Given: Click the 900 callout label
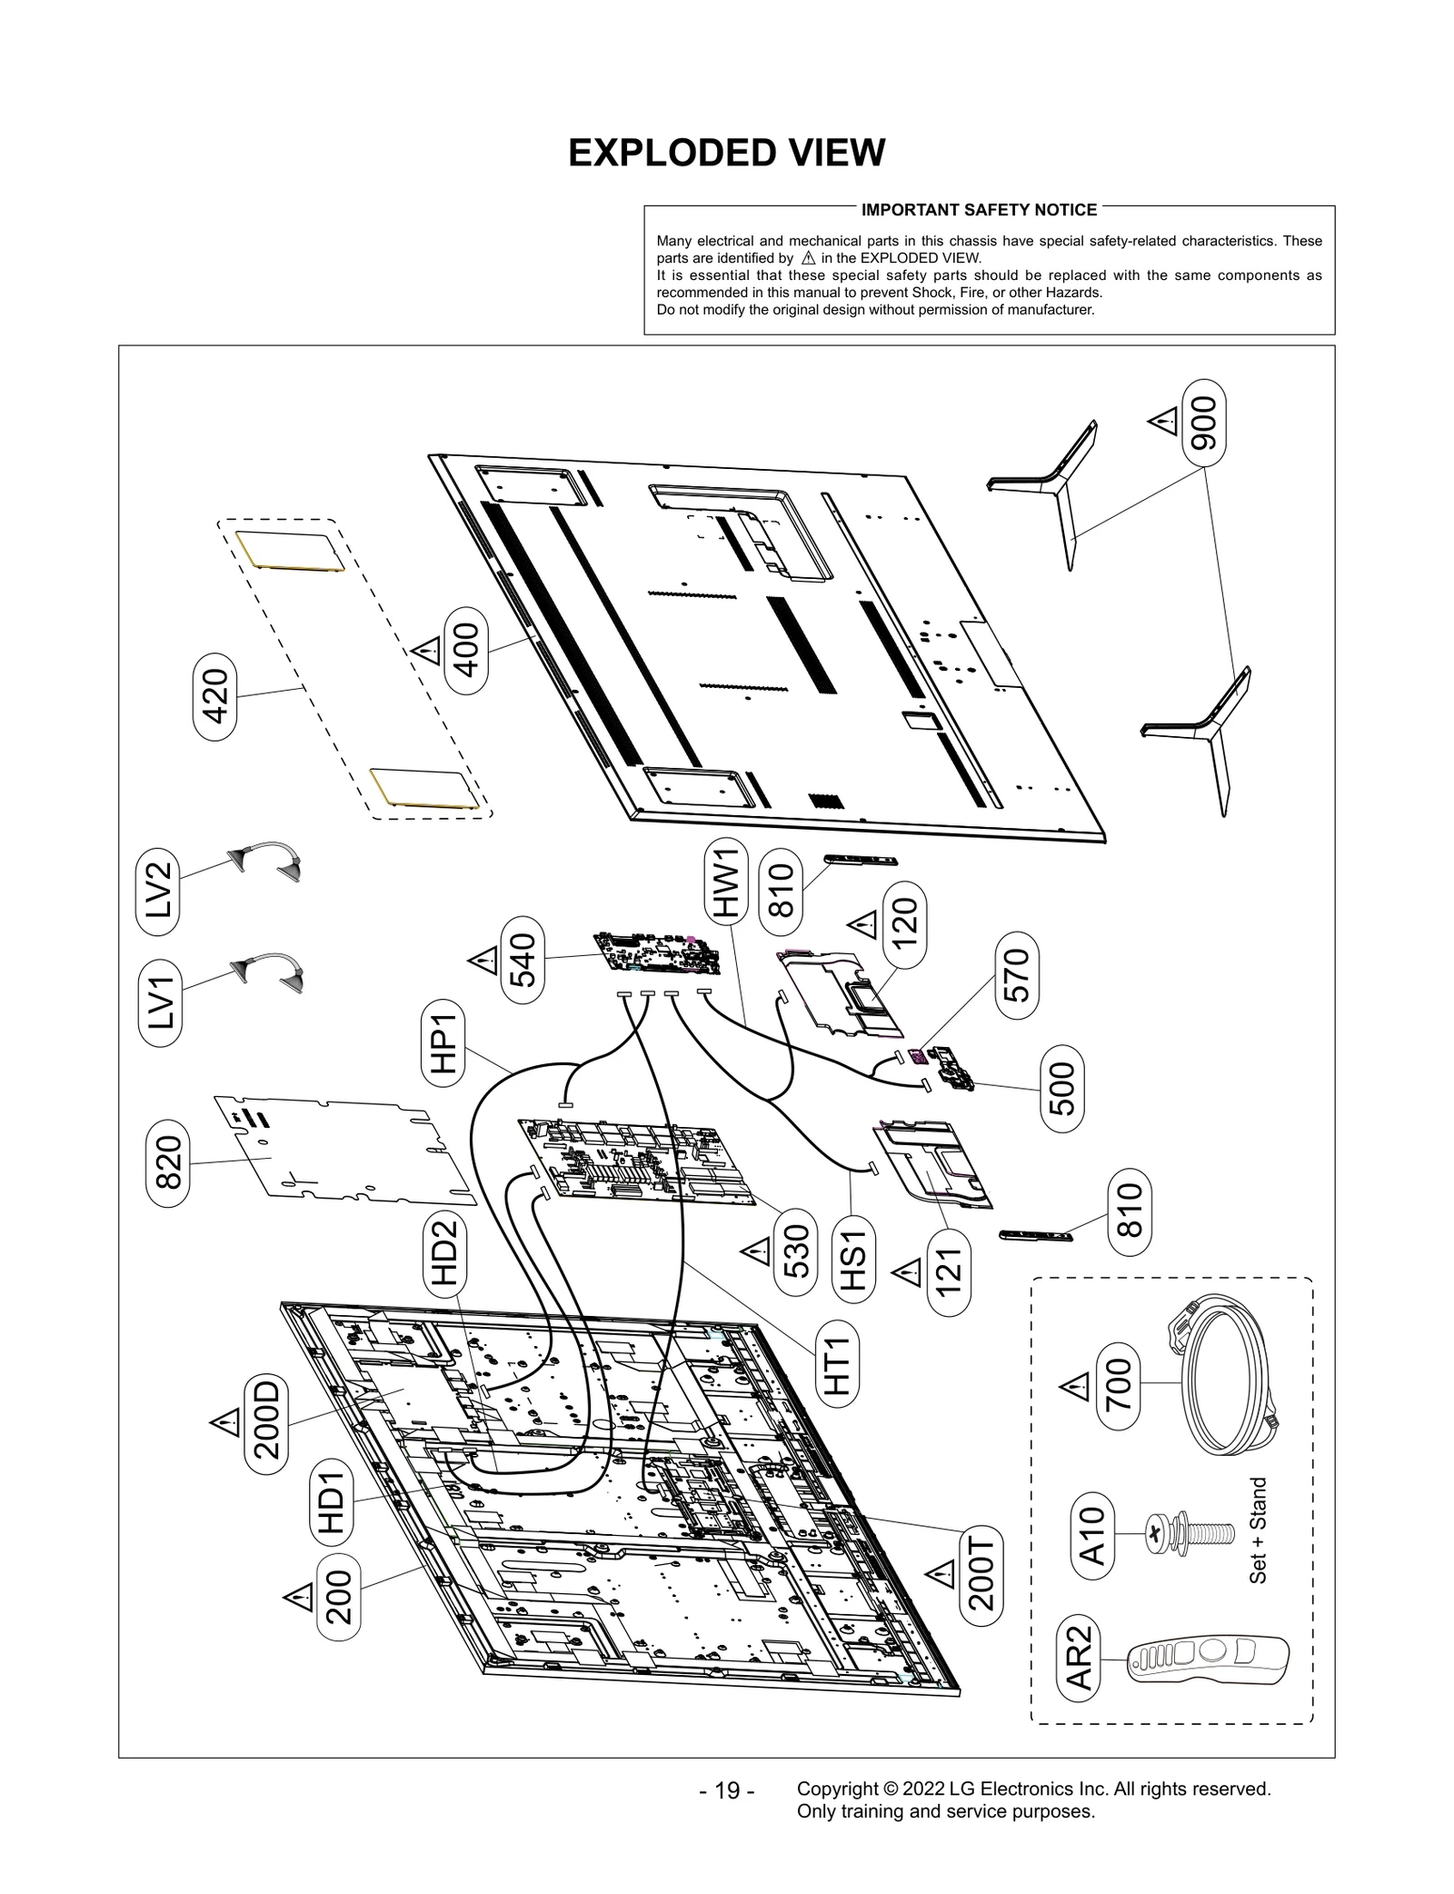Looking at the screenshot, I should coord(1204,424).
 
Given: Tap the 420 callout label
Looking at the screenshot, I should coord(214,696).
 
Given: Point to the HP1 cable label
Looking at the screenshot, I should coord(443,1043).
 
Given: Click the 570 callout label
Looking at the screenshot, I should coord(1017,974).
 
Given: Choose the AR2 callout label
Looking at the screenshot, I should coord(1079,1664).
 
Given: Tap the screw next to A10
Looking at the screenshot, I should coord(1190,1534).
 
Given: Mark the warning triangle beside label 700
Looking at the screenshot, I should coord(1075,1388).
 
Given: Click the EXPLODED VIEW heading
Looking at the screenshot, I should coord(726,154).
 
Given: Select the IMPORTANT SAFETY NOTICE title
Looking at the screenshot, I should coord(979,210).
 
